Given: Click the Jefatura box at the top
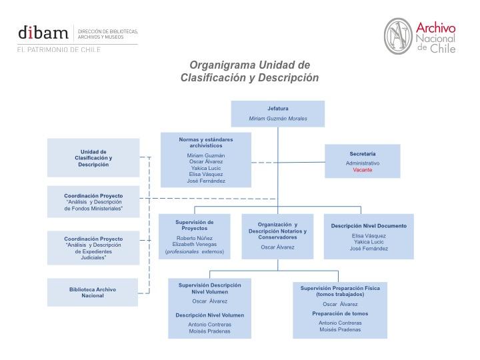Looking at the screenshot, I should [278, 113].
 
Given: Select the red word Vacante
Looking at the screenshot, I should [363, 170].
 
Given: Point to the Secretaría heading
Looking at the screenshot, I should [363, 154].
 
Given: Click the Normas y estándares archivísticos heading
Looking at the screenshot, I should [206, 143].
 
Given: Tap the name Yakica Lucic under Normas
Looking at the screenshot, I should [206, 168].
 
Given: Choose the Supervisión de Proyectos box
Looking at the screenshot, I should [195, 236].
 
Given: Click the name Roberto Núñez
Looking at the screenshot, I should [195, 238].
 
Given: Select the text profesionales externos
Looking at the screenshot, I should [195, 252].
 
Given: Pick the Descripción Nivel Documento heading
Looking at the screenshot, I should [369, 226].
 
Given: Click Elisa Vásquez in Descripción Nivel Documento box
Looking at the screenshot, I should [369, 235].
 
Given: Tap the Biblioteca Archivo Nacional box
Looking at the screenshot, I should [93, 292].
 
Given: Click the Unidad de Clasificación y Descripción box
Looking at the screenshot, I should [93, 157].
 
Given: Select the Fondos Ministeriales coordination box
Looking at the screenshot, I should [93, 202].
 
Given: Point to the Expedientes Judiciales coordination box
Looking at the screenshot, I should [93, 247].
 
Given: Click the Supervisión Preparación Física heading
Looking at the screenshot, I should [340, 291].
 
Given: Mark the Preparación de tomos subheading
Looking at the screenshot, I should [340, 313].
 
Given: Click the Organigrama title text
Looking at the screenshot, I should [249, 71].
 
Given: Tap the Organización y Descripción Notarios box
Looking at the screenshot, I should [278, 236].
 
